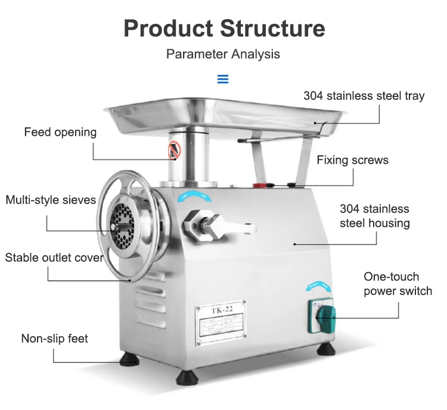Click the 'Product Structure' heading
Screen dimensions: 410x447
pos(223,29)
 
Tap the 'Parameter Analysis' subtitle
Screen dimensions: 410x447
pos(223,54)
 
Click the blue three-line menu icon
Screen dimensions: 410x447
pos(223,79)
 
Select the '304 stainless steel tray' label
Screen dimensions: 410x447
pos(364,96)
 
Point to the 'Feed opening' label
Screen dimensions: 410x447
pos(60,132)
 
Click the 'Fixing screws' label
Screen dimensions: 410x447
pos(352,160)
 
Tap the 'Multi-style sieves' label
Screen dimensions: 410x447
pos(51,200)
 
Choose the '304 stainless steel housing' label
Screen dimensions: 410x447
pos(374,216)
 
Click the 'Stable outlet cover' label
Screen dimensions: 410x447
pos(54,258)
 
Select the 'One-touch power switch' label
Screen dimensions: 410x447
pos(398,284)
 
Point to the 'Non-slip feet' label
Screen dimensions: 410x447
pos(54,339)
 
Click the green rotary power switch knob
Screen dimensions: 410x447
pos(323,314)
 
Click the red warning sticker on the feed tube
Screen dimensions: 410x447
pos(173,151)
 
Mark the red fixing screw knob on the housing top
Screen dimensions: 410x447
pos(260,184)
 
